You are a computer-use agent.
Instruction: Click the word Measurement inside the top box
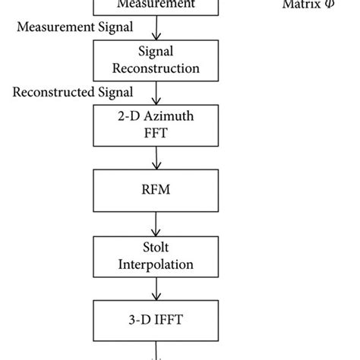(x=156, y=5)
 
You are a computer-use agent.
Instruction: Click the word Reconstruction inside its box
(x=156, y=68)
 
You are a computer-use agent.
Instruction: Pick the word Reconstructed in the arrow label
(x=52, y=92)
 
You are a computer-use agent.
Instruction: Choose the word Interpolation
(x=156, y=265)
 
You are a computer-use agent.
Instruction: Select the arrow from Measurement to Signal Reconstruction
(x=156, y=29)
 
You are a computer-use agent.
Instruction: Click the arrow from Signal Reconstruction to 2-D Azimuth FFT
(x=156, y=94)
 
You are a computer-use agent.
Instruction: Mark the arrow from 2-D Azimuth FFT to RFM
(x=156, y=159)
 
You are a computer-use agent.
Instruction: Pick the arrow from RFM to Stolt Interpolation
(x=156, y=224)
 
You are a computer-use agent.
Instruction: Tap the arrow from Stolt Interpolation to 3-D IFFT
(x=156, y=290)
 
